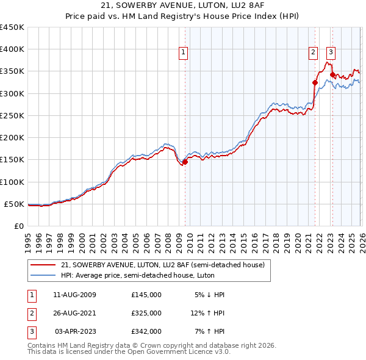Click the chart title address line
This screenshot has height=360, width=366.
coord(183,5)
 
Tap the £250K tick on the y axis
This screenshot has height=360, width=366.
coord(12,116)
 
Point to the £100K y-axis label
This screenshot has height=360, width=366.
coord(12,182)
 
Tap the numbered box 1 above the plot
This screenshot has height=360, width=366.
coord(184,53)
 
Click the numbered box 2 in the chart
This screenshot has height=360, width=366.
coord(313,53)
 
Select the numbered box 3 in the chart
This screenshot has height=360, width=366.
coord(331,53)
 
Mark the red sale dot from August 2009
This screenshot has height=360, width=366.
coord(185,162)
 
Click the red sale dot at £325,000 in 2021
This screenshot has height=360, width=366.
coord(315,83)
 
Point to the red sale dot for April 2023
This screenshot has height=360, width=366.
coord(332,75)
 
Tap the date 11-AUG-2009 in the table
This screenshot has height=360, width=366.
coord(74,295)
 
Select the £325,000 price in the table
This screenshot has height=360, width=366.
coord(146,313)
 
